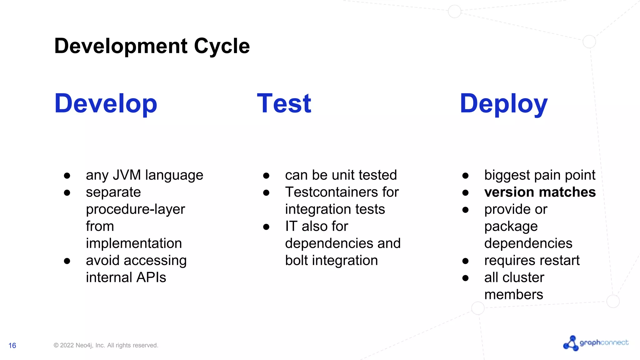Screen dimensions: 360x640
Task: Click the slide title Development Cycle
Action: point(152,46)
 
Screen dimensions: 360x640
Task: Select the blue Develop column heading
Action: point(106,103)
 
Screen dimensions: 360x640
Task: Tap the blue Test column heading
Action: point(284,103)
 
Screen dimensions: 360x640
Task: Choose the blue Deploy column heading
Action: point(503,103)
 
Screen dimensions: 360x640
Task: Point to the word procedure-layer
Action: point(135,209)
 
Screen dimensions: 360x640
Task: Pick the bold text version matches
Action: point(540,192)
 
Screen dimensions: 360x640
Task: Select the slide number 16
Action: point(12,346)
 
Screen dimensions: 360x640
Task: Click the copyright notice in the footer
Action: point(106,345)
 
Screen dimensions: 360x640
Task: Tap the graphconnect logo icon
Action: point(571,343)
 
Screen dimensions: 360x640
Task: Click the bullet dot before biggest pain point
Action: point(465,176)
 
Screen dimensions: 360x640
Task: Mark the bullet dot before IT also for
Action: point(266,227)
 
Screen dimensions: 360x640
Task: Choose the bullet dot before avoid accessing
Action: point(67,261)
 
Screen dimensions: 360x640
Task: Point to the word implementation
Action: point(134,243)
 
